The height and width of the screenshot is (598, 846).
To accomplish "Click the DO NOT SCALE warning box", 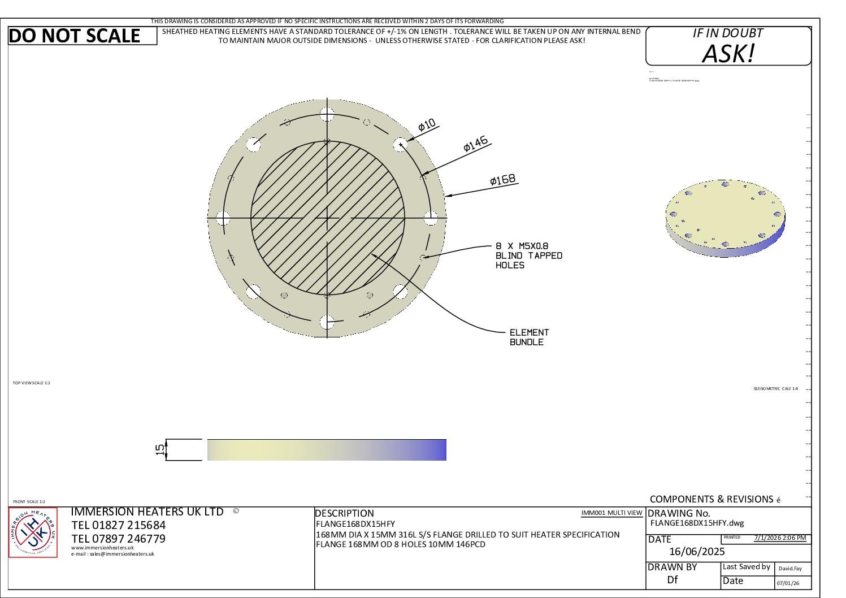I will [x=83, y=36].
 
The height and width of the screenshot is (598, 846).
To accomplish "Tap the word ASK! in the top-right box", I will [x=728, y=54].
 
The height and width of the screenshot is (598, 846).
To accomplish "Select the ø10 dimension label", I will [x=427, y=125].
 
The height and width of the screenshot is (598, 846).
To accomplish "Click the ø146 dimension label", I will [x=475, y=145].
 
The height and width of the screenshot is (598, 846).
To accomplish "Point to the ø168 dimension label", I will [x=502, y=180].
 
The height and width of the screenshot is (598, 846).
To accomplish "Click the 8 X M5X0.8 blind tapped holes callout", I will [x=528, y=255].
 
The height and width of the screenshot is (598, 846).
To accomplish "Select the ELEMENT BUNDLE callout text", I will [x=529, y=337].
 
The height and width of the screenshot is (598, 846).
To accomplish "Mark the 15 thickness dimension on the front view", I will [x=160, y=449].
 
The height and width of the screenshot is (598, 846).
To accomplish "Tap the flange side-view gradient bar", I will [x=327, y=450].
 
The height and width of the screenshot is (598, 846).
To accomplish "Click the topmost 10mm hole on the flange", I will [x=327, y=113].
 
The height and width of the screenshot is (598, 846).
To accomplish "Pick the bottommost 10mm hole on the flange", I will [x=327, y=322].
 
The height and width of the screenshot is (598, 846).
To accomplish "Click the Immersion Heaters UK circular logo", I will [x=33, y=532].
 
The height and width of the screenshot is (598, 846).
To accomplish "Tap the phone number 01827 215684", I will [x=118, y=525].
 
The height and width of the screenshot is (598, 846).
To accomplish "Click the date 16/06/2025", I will [x=696, y=552].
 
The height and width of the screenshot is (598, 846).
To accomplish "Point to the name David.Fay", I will [x=790, y=569].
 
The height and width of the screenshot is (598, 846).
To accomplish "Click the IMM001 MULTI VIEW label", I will [x=611, y=513].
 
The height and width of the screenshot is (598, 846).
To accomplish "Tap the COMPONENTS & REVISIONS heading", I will [x=711, y=499].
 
